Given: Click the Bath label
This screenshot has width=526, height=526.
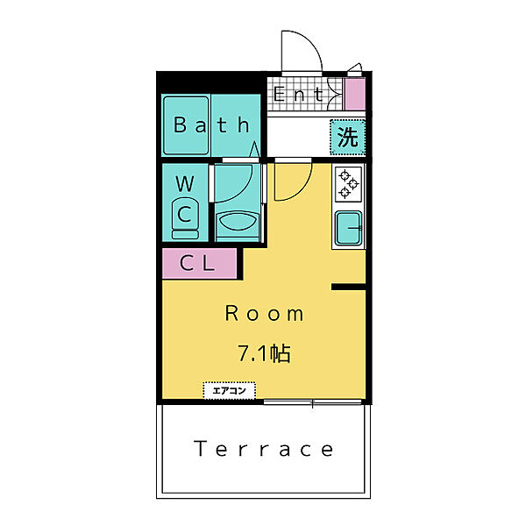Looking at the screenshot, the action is click(211, 124).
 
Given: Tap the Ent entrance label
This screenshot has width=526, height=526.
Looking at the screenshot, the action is click(298, 94).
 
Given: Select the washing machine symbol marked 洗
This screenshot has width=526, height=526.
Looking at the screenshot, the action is click(347, 137).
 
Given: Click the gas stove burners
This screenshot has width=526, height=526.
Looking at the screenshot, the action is click(349, 184).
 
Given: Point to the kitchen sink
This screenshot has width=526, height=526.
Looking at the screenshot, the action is click(349, 228).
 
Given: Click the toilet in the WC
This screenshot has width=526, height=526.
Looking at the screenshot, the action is click(185, 219).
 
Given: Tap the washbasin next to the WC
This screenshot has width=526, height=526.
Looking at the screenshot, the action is click(238, 222).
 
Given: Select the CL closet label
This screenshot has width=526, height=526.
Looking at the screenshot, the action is click(197, 263).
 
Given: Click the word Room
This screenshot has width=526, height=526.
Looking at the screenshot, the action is click(264, 314).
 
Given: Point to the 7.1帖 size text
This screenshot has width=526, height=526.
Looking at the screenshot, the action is click(264, 353).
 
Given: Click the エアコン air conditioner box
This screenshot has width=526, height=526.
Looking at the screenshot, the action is click(230, 390).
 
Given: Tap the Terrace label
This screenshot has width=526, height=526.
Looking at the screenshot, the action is click(264, 449).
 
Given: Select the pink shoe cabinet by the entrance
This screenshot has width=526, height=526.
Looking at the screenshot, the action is click(355, 95).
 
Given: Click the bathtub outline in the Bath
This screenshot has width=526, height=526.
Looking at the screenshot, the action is click(186, 125).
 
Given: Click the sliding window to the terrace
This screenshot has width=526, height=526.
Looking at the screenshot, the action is click(313, 402).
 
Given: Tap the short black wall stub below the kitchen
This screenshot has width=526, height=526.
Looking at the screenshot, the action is click(348, 287).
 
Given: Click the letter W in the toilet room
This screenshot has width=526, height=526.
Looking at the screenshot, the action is click(185, 183).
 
